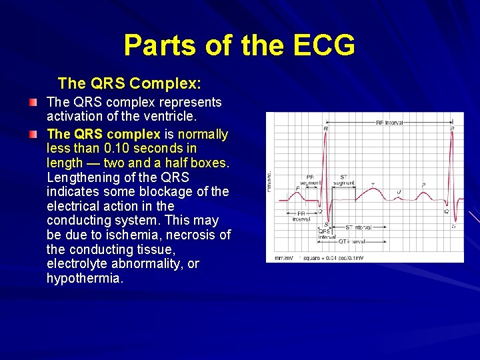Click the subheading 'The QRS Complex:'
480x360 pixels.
[x=130, y=83]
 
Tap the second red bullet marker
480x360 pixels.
[x=33, y=134]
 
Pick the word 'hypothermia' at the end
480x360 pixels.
[x=85, y=279]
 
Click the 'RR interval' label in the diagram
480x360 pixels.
[x=389, y=123]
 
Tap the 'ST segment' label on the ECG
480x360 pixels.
[x=343, y=180]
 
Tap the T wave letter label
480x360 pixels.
[x=372, y=185]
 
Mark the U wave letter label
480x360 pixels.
[x=399, y=192]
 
